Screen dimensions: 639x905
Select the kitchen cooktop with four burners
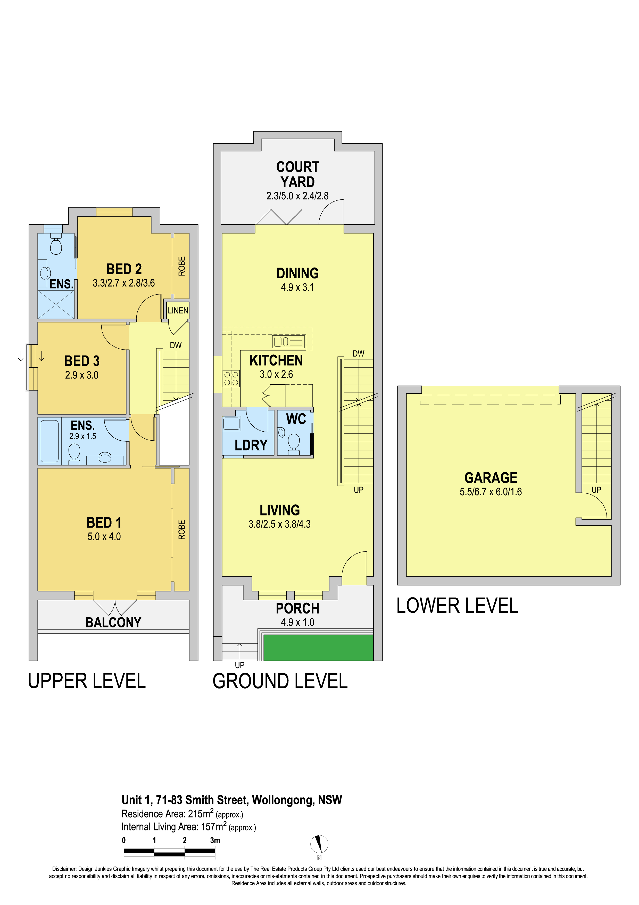[x=231, y=378]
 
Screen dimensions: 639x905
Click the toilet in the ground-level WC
[x=294, y=444]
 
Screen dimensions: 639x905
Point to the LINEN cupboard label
[x=178, y=311]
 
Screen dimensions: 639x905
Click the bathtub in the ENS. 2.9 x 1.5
[x=49, y=441]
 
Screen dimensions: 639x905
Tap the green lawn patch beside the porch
[x=318, y=647]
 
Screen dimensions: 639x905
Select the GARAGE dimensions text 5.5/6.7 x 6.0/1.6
[x=491, y=492]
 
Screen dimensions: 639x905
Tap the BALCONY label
[x=113, y=623]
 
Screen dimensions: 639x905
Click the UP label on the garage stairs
[x=596, y=490]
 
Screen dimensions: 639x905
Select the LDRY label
[x=251, y=445]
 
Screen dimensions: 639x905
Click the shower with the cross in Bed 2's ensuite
[x=56, y=305]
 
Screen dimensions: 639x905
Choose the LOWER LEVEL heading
[x=457, y=605]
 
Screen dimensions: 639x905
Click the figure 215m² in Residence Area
[x=201, y=814]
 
